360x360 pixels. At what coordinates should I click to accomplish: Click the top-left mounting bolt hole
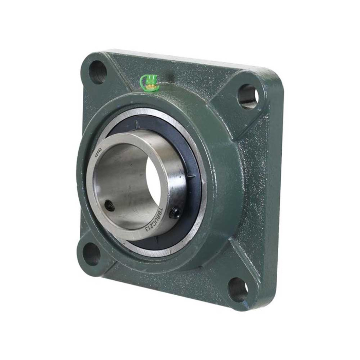tap(97, 71)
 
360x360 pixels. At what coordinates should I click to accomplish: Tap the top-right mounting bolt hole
tap(247, 96)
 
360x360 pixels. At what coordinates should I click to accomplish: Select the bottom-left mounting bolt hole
tap(92, 254)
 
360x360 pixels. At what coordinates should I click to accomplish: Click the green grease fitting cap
tap(149, 81)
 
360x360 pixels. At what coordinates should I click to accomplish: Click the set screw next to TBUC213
tap(175, 211)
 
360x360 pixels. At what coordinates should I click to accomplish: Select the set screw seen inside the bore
tap(109, 207)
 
